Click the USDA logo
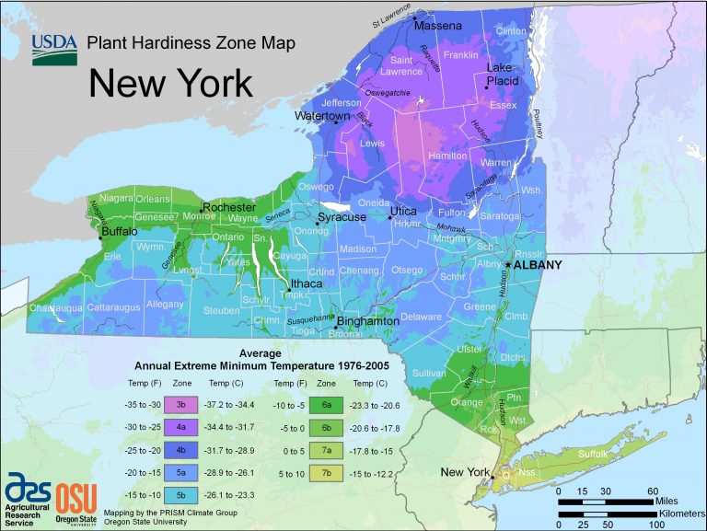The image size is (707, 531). pos(54,49)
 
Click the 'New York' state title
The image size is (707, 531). pos(170,84)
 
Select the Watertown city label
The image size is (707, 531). pos(322,117)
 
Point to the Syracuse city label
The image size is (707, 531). pos(342,217)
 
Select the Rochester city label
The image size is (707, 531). pos(228,208)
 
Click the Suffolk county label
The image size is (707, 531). pos(594,454)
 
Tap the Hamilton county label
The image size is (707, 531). pos(448,157)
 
